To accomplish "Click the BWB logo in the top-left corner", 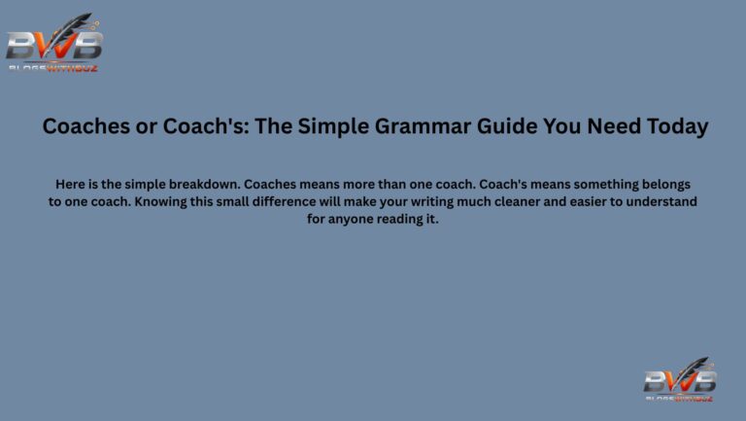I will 54,44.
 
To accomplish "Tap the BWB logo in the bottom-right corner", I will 680,378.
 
